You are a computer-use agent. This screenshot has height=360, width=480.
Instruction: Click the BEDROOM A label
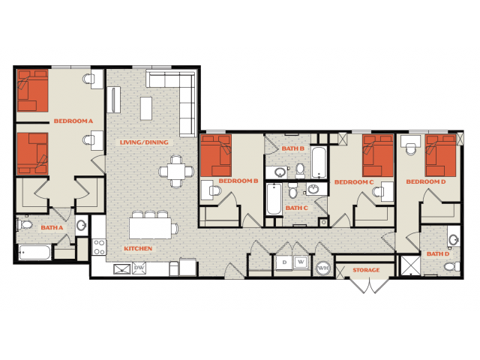[73, 121]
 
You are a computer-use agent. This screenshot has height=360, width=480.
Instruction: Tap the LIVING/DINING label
[144, 142]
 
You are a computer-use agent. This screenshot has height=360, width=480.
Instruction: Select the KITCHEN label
[138, 248]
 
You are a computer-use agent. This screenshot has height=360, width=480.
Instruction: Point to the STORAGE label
[366, 270]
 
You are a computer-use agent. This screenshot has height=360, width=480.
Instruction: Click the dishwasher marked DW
[139, 268]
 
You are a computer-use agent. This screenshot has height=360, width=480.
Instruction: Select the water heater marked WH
[323, 268]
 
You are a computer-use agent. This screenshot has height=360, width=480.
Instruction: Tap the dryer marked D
[284, 262]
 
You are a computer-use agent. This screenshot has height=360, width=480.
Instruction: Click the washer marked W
[301, 262]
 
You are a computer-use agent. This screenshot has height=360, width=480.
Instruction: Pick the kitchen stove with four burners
[99, 247]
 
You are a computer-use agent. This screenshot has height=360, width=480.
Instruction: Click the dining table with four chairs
[176, 171]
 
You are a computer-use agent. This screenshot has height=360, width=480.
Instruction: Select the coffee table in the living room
[146, 108]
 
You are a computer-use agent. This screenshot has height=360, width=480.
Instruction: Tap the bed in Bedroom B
[216, 155]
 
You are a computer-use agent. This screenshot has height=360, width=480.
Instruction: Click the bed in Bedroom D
[441, 155]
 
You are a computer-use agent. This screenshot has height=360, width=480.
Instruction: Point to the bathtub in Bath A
[34, 253]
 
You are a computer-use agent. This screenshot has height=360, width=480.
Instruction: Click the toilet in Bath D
[451, 266]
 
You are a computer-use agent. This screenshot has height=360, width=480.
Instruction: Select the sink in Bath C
[313, 189]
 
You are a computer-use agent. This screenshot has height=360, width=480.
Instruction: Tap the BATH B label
[292, 148]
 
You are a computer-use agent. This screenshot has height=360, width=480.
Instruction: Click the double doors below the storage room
[370, 285]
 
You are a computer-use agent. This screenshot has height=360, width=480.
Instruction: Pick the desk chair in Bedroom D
[410, 149]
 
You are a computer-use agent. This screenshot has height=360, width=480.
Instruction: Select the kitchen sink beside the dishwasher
[121, 268]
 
